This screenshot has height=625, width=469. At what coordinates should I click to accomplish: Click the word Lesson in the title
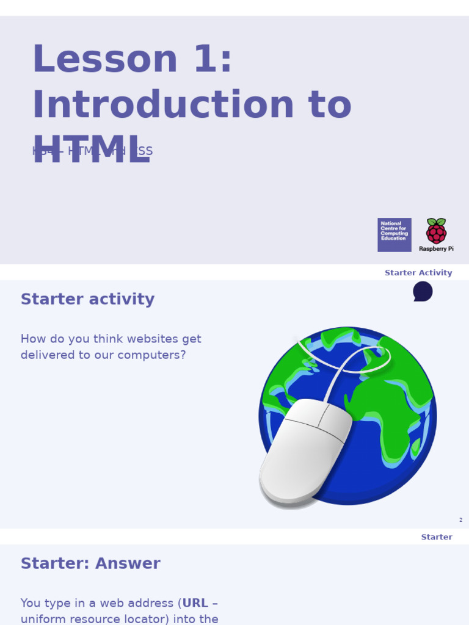[104, 60]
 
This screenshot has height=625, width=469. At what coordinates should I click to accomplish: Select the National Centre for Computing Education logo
[394, 234]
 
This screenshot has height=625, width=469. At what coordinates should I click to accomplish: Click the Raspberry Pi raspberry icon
[436, 231]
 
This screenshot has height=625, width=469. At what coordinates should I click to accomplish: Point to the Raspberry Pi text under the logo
[436, 249]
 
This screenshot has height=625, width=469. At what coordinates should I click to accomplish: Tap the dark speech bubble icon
[423, 291]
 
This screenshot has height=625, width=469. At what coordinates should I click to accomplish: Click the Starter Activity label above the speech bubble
[418, 273]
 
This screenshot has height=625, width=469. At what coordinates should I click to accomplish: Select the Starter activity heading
[87, 299]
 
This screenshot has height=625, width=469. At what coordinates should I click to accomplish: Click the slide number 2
[460, 520]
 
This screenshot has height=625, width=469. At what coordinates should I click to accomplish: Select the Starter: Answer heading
[90, 563]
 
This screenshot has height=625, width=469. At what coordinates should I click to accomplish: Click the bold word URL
[195, 603]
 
